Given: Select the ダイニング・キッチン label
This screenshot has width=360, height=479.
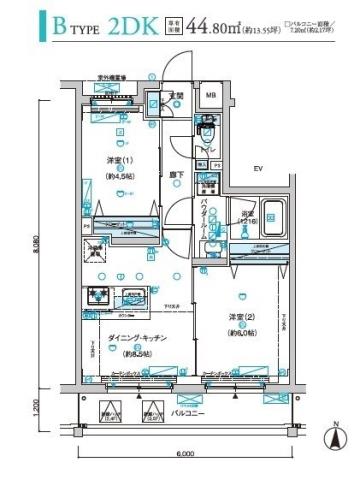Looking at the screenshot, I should [x=129, y=339].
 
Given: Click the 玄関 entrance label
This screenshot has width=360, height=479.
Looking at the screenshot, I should [x=176, y=96].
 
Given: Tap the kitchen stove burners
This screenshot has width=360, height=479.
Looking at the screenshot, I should [x=99, y=296].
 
